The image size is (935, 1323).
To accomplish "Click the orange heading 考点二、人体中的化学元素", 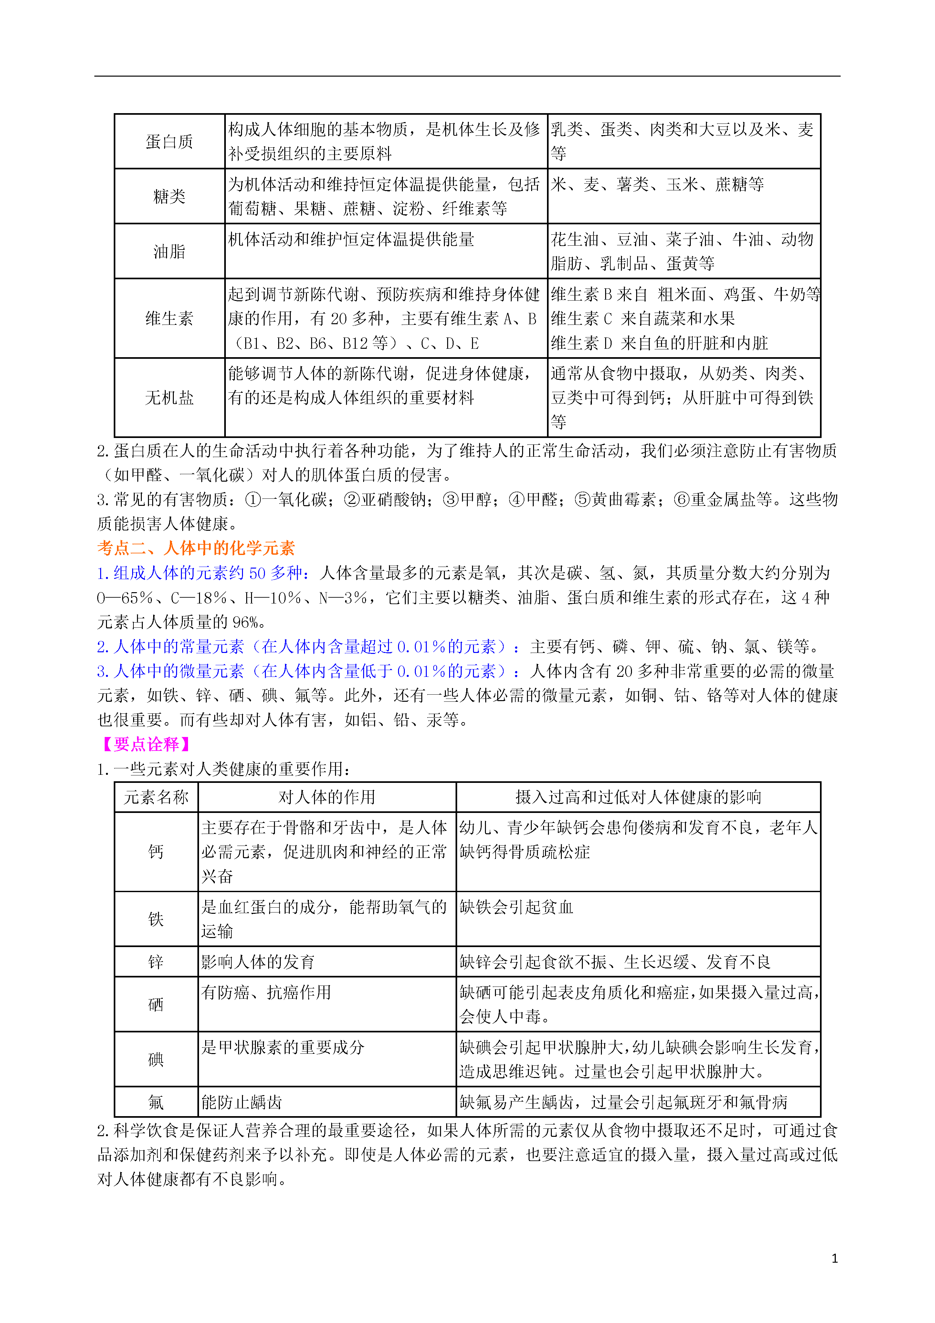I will click(x=196, y=548).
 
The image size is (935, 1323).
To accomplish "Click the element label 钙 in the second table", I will click(x=156, y=852).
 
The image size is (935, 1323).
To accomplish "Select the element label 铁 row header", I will click(x=156, y=919).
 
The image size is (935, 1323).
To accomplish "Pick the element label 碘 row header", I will click(x=156, y=1059).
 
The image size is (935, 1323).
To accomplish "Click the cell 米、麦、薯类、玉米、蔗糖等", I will click(x=657, y=184).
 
